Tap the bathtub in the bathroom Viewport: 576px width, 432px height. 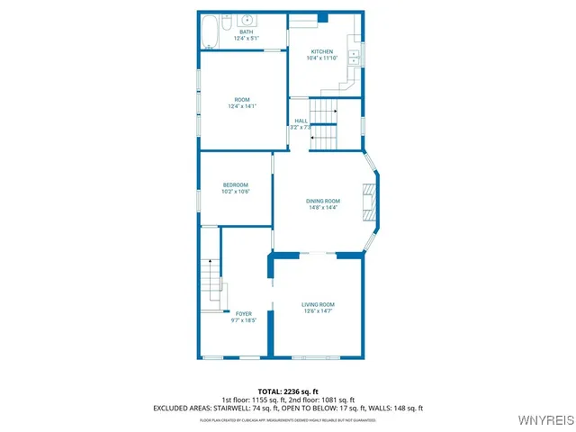pyautogui.click(x=209, y=31)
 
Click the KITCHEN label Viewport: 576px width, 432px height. pyautogui.click(x=322, y=51)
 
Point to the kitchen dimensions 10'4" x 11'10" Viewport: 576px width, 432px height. pyautogui.click(x=322, y=58)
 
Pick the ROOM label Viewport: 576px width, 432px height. pyautogui.click(x=242, y=99)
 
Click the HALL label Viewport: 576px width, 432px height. pyautogui.click(x=301, y=121)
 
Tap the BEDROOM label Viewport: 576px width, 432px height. pyautogui.click(x=236, y=184)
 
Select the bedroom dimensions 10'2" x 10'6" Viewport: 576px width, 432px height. pyautogui.click(x=236, y=192)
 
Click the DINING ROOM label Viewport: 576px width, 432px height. pyautogui.click(x=323, y=201)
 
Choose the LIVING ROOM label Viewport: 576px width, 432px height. pyautogui.click(x=318, y=304)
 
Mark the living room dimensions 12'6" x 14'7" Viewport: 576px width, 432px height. pyautogui.click(x=318, y=311)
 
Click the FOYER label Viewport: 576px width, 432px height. pyautogui.click(x=243, y=313)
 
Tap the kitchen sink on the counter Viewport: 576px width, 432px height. pyautogui.click(x=355, y=55)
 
